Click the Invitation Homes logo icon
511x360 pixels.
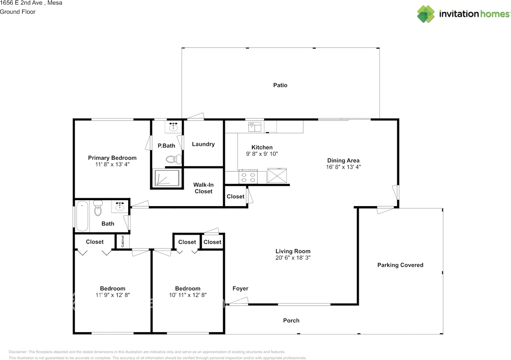[426, 14]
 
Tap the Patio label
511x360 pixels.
[280, 85]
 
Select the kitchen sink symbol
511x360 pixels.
[255, 127]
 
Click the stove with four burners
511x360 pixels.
[247, 177]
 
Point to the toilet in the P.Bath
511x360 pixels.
[173, 159]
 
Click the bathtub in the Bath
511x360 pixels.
[82, 216]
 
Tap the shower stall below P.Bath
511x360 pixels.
[166, 177]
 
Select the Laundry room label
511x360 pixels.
[203, 144]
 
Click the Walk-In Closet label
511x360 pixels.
[203, 188]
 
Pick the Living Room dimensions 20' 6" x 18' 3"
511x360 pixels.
[293, 258]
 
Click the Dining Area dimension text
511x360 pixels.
[343, 167]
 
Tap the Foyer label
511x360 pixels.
[240, 288]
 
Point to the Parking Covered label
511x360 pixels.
[400, 265]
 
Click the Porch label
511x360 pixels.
[291, 320]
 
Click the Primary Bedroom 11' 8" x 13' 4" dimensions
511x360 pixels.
[112, 164]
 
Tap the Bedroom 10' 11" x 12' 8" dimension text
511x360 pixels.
[188, 295]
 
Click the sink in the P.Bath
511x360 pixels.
[173, 127]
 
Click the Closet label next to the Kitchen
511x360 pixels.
[236, 197]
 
